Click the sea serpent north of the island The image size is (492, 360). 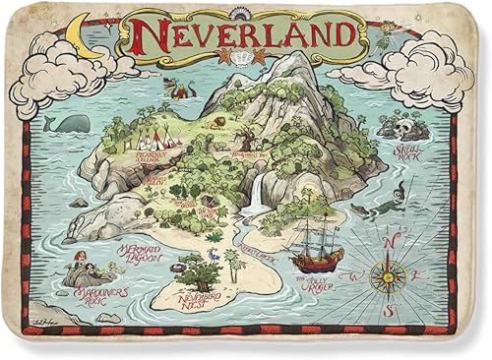[x=182, y=90]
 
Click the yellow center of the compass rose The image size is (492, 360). [x=389, y=277]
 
